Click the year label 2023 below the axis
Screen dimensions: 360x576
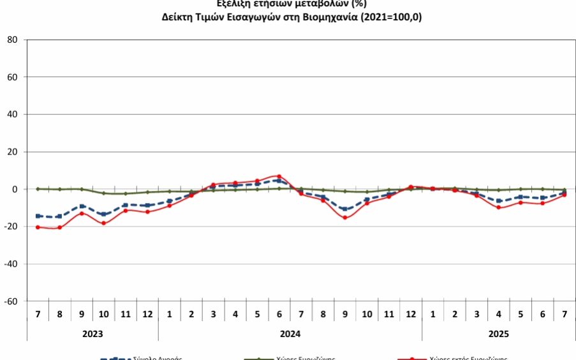coord(92,333)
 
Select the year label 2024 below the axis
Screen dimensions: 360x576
coord(290,333)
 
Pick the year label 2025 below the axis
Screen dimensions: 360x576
coord(498,333)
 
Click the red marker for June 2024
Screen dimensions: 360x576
coord(279,176)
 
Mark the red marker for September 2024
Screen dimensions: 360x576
coord(345,218)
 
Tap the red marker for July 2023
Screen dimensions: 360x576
coord(38,227)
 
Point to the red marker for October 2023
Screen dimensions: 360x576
coord(103,223)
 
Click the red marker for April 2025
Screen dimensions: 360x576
coord(499,207)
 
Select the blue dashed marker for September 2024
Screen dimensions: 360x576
coord(345,209)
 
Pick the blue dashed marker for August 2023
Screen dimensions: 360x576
coord(60,216)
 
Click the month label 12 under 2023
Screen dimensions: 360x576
coord(147,315)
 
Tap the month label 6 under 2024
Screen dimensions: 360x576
coord(279,315)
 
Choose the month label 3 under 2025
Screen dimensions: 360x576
coord(476,315)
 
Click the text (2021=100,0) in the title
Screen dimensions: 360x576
coord(390,17)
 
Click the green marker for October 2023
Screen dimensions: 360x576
coord(103,193)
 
